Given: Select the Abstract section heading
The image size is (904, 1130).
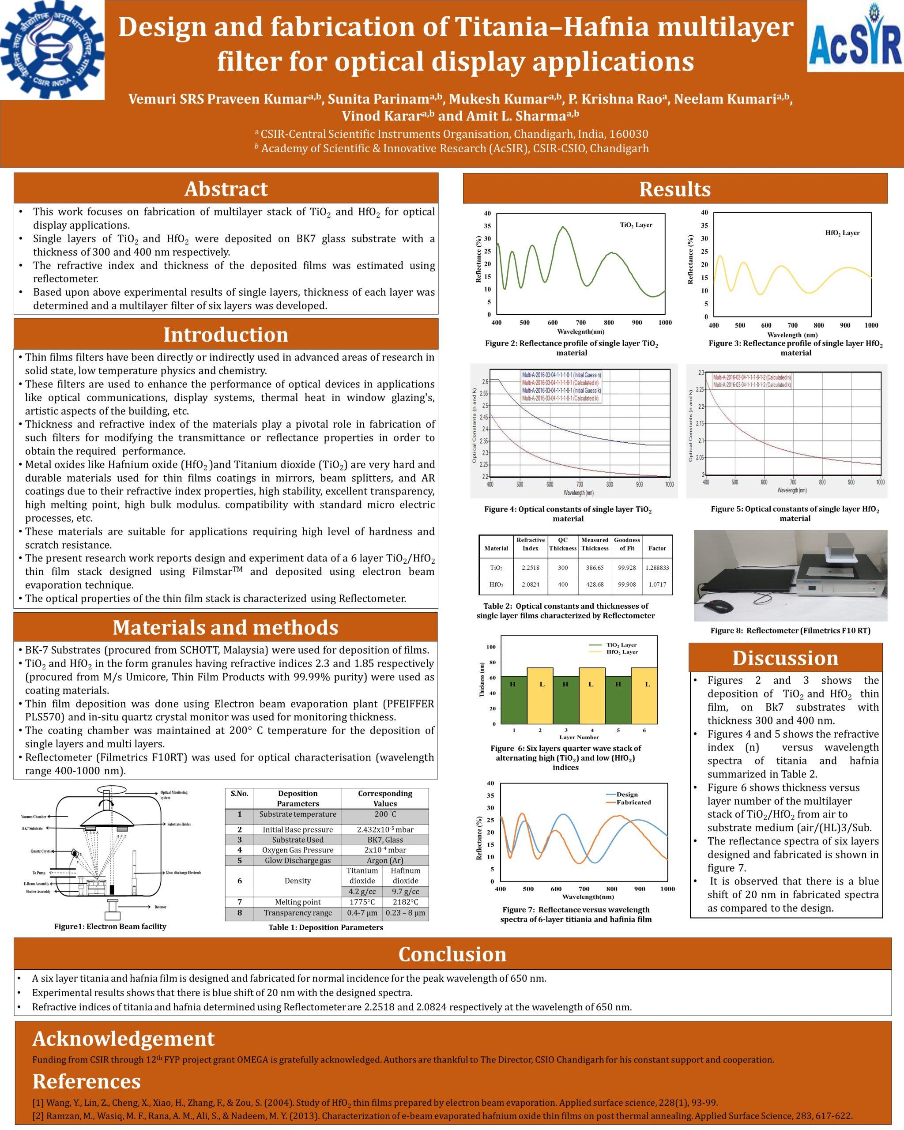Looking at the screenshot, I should coord(226,188).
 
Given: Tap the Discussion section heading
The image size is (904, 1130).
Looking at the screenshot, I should coord(785,658).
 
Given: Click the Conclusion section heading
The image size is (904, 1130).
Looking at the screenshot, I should coord(452,954).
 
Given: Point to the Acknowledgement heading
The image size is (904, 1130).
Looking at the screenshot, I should coord(124,1038).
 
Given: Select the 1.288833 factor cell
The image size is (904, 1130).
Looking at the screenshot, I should coord(657,568).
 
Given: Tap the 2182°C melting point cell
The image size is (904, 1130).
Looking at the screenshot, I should coord(406,902).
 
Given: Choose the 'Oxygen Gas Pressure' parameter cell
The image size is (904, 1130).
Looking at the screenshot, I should coord(298,850).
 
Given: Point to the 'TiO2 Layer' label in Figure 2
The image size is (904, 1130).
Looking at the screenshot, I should coord(636,225).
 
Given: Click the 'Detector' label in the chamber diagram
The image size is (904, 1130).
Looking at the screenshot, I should coord(160,907).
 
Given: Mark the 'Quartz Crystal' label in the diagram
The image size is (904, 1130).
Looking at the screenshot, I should coord(41,851).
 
